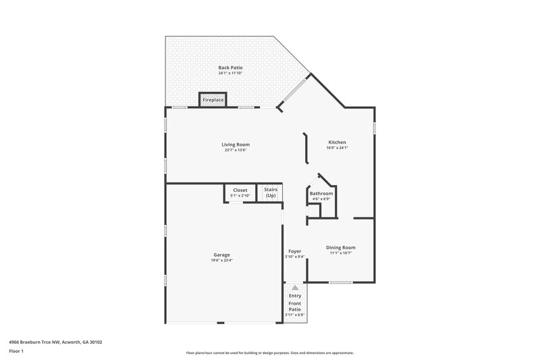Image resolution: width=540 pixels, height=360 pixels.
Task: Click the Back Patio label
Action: [x=230, y=68]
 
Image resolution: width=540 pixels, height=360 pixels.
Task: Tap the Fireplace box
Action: [x=213, y=100]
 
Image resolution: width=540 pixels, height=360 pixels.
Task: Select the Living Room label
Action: [x=236, y=144]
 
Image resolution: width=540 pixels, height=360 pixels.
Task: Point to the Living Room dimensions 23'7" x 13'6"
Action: [x=236, y=150]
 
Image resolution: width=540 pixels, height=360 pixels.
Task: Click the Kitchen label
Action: [x=337, y=142]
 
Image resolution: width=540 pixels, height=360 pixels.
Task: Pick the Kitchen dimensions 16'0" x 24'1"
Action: [x=337, y=148]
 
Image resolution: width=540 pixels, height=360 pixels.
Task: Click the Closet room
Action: [x=240, y=193]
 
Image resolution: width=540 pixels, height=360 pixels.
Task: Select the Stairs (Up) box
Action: [x=271, y=192]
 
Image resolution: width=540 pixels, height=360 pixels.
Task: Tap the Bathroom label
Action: [x=321, y=193]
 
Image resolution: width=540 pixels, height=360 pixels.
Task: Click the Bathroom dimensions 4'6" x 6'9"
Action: [x=321, y=199]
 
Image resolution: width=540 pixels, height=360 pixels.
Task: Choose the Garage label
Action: [x=222, y=255]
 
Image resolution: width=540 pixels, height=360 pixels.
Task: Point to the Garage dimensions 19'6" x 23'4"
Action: [x=222, y=261]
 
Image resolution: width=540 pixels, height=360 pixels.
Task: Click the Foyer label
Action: [x=295, y=251]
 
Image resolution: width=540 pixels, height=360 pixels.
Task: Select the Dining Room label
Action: [x=340, y=247]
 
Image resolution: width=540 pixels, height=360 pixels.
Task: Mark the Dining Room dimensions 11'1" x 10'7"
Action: [x=340, y=253]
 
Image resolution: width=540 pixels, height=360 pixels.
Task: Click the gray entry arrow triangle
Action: [x=295, y=288]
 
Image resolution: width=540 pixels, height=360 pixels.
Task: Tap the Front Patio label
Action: [x=295, y=306]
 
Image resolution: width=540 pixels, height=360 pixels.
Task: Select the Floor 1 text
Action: [x=17, y=351]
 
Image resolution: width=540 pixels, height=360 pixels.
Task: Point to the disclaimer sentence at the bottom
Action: [x=270, y=353]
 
